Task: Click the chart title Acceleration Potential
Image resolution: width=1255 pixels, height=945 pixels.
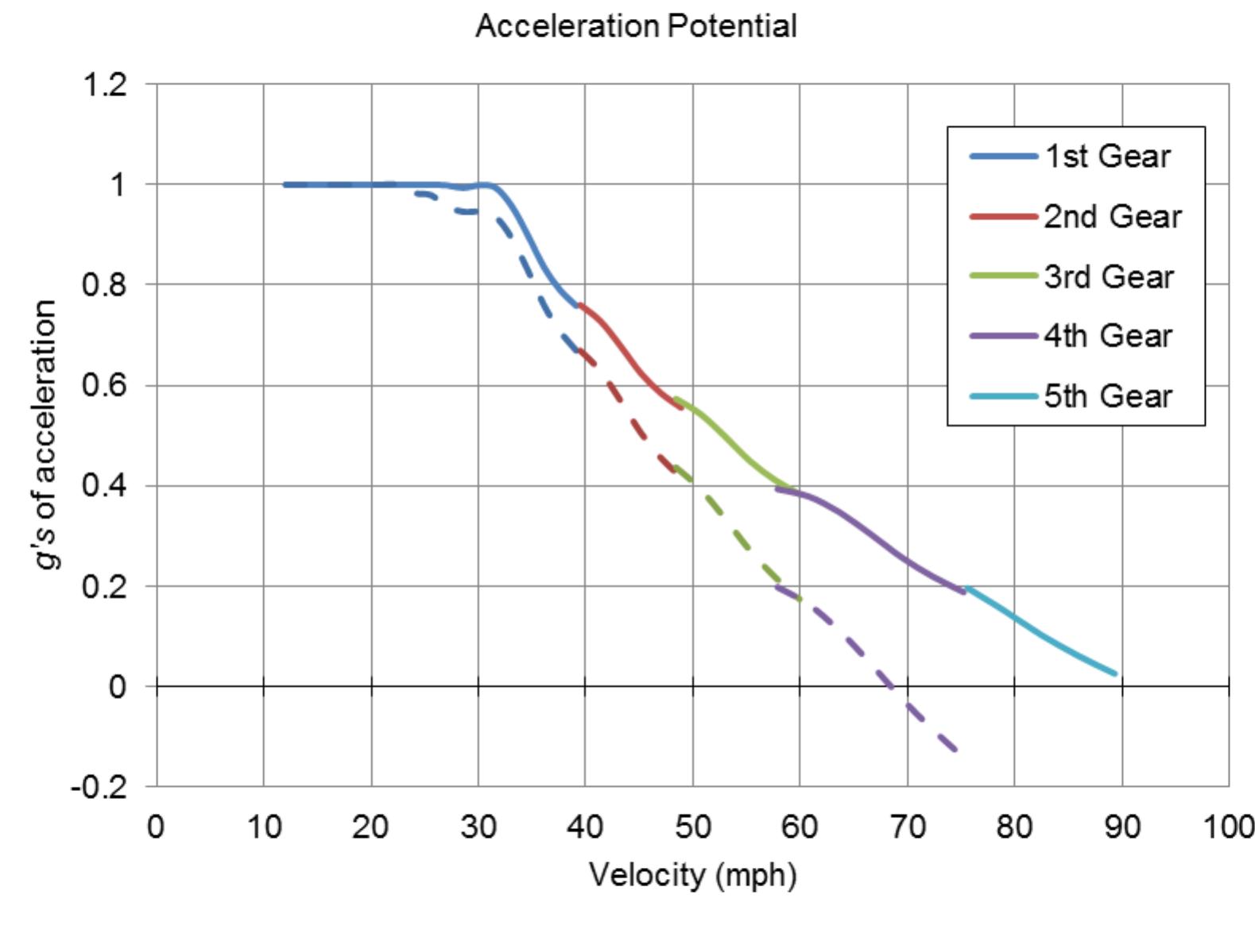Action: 635,26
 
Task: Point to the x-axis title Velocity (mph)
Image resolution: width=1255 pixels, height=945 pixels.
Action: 692,875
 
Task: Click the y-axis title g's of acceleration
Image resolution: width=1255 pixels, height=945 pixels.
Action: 46,434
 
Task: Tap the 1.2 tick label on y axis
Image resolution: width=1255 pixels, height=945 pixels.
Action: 104,84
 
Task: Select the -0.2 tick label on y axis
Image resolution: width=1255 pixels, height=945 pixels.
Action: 99,787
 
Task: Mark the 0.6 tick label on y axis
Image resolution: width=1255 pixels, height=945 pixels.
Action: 104,385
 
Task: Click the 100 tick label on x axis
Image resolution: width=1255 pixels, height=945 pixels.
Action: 1229,827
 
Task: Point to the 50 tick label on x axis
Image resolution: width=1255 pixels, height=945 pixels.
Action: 692,827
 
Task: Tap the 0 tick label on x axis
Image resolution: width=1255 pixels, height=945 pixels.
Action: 156,827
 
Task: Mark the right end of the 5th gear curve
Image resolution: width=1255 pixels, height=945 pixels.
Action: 1115,673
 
